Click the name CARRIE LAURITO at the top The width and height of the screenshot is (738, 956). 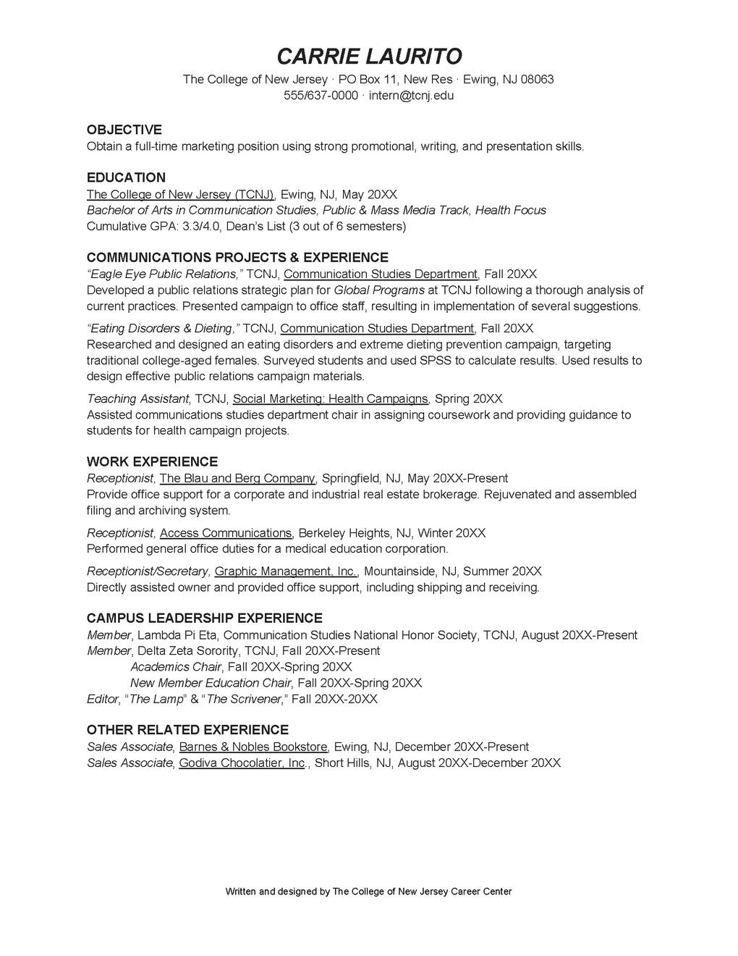369,56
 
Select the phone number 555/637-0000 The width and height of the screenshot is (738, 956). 321,96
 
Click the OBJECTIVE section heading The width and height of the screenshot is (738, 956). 124,130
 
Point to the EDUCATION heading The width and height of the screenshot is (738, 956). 126,177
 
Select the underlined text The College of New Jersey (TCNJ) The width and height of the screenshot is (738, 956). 180,194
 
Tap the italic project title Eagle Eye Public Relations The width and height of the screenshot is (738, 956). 165,274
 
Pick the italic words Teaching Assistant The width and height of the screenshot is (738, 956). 137,399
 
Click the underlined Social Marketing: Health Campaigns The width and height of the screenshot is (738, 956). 331,399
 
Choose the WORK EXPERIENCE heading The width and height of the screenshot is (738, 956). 152,461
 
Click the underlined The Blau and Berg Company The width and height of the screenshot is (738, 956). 237,478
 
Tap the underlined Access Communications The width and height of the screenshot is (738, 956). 226,533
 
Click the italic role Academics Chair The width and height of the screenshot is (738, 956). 176,667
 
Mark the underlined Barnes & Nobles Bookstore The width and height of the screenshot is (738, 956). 253,747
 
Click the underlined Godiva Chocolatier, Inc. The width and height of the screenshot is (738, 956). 242,763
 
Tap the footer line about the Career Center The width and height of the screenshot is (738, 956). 369,892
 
